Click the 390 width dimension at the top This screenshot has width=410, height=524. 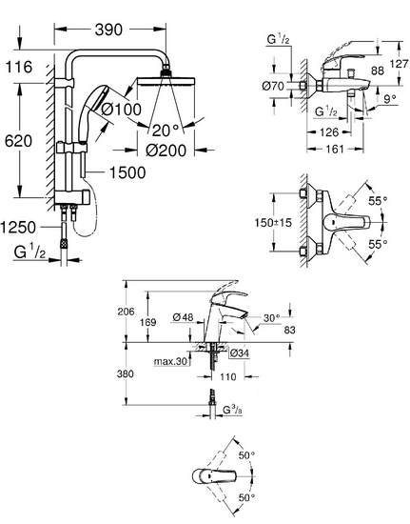click(108, 30)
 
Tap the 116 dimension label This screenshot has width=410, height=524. click(19, 67)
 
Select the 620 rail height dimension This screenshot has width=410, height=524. click(18, 141)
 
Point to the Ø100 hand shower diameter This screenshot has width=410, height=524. click(121, 110)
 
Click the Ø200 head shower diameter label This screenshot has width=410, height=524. click(166, 151)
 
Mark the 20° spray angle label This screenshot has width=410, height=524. click(166, 131)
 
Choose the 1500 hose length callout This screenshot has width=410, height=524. click(127, 172)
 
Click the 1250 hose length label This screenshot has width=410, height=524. click(18, 228)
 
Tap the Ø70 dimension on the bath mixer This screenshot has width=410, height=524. click(273, 86)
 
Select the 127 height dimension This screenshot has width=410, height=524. click(399, 64)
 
